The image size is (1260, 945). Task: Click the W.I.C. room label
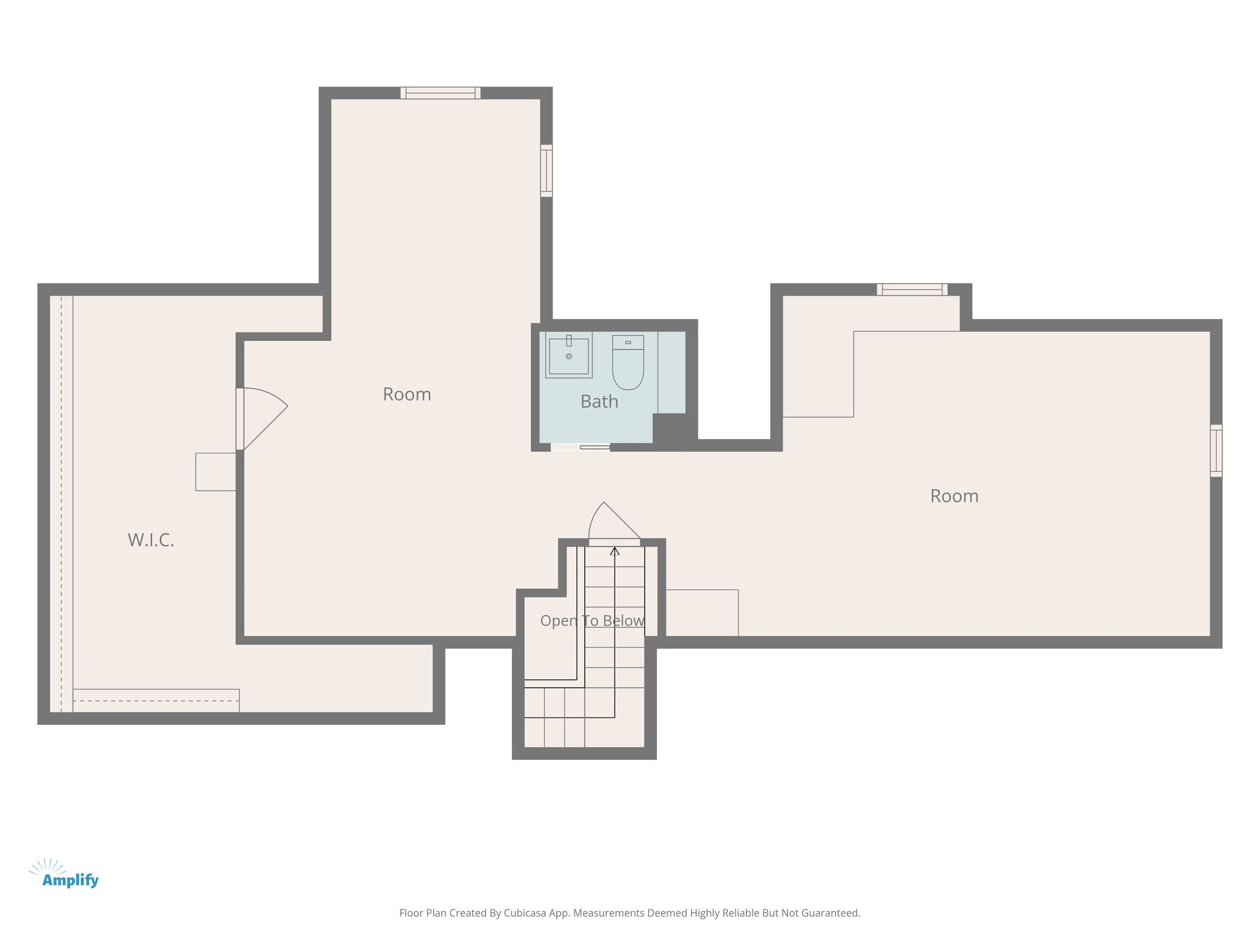151,540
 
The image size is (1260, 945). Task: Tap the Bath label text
599,402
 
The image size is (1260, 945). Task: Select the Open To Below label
592,621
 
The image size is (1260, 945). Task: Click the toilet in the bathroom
628,362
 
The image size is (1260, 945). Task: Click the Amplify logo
64,874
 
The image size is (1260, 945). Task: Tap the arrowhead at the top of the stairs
615,551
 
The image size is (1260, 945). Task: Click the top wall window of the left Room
441,93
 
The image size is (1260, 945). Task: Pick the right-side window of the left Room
546,170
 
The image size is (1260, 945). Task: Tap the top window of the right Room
912,289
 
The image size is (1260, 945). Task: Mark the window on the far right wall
1216,450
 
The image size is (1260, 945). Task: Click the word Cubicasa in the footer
525,913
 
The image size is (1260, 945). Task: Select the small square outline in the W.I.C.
216,472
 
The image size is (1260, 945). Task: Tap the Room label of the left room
407,394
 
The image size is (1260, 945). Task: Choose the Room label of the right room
954,496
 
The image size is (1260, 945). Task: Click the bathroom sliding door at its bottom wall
580,447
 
